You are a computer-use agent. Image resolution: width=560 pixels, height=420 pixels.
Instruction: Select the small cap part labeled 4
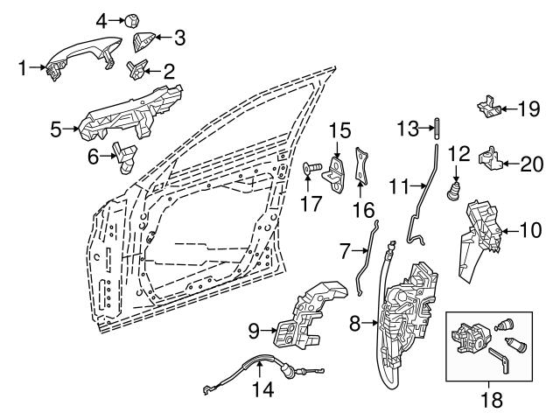coord(131,18)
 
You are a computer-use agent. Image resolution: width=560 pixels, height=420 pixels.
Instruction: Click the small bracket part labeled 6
coord(126,155)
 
